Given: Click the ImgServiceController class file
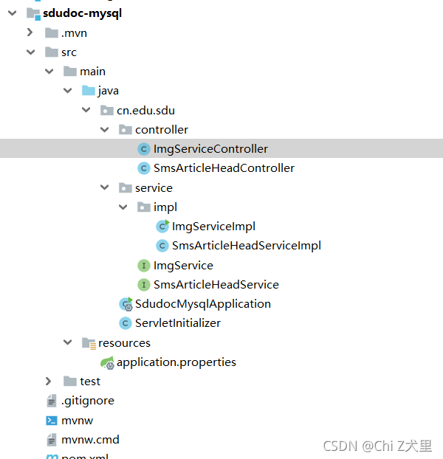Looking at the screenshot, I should click(210, 149).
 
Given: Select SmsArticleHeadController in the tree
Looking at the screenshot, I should click(224, 168).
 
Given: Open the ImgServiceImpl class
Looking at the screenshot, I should click(213, 227).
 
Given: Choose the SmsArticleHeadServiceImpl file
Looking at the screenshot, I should click(246, 246).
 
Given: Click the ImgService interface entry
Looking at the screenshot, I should click(183, 266).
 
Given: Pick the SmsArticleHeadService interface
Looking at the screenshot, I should click(216, 285).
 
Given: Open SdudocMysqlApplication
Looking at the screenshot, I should click(202, 304).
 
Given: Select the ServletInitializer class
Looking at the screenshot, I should click(177, 323).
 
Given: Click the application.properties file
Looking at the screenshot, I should click(176, 362).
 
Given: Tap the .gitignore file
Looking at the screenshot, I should click(87, 401).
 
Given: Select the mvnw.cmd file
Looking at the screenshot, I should click(90, 440).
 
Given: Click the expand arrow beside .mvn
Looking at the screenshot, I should click(30, 32).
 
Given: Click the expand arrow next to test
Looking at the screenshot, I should click(49, 382).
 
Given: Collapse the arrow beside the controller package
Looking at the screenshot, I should click(105, 130).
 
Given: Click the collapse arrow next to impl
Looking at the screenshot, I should click(123, 207).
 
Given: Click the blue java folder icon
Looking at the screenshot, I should click(89, 91).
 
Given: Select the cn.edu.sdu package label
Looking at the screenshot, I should click(145, 111).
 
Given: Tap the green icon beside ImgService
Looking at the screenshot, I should click(144, 266).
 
